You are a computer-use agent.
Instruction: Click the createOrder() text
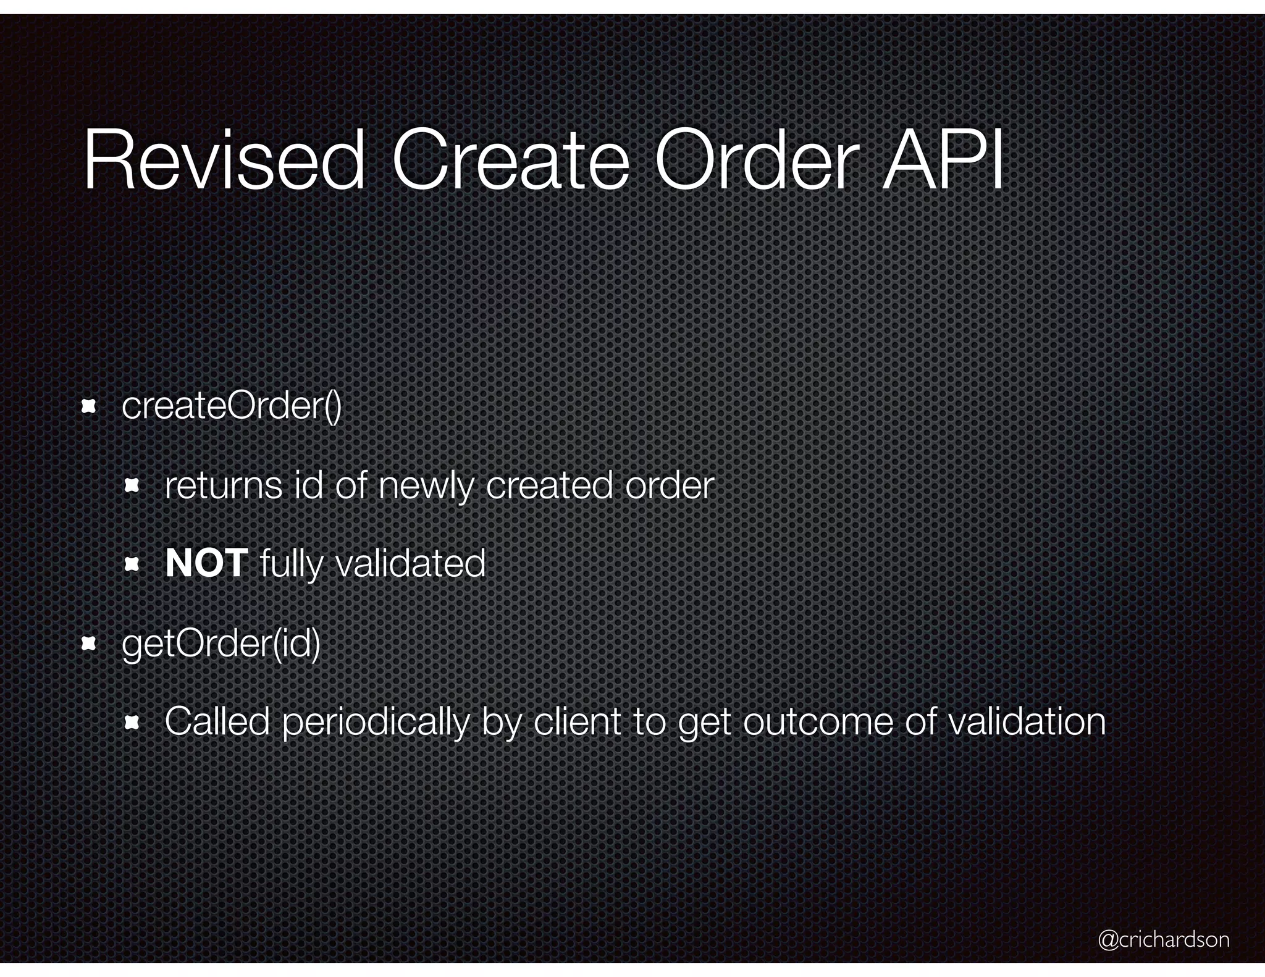coord(232,406)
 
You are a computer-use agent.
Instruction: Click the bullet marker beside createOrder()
coord(89,406)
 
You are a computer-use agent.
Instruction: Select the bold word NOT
coord(206,563)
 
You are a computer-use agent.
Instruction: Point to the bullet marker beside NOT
coord(132,564)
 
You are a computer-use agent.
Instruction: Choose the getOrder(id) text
coord(221,644)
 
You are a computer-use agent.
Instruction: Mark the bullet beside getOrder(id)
coord(89,645)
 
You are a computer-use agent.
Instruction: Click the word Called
coord(217,721)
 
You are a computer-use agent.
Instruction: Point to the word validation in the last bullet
coord(1026,721)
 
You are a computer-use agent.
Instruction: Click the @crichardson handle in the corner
coord(1164,939)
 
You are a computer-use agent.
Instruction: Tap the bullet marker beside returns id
coord(132,487)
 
